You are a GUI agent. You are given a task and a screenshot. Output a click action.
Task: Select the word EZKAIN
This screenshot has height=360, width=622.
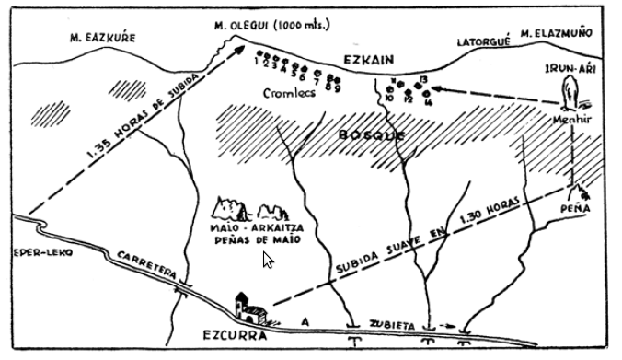tap(368, 59)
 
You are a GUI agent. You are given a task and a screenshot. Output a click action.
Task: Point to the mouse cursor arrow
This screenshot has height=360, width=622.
tap(268, 260)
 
